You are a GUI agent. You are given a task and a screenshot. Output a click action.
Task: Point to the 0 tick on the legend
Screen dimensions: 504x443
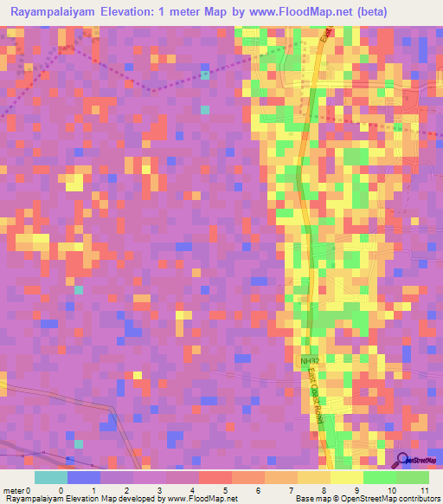tap(61, 490)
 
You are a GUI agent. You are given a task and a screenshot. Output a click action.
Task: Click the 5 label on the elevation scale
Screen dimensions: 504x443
tap(225, 490)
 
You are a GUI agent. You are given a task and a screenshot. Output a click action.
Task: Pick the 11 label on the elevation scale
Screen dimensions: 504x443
tap(424, 490)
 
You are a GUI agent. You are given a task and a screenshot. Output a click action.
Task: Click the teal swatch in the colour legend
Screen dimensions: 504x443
tap(50, 477)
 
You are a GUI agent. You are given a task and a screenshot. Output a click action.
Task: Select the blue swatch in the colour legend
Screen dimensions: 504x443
tap(83, 477)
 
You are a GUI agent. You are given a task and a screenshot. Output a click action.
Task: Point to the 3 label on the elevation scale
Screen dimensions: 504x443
tap(159, 490)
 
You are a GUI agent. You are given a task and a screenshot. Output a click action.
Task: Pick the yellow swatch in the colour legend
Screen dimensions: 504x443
tap(346, 477)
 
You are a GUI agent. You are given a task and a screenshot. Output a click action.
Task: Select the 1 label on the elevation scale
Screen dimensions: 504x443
tap(93, 490)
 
